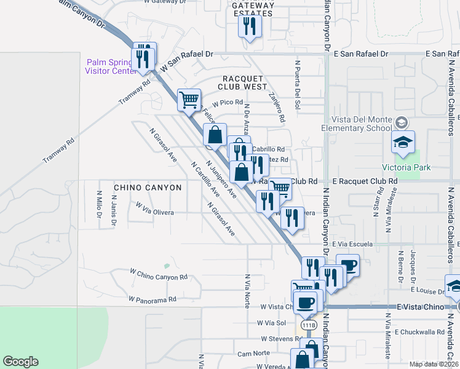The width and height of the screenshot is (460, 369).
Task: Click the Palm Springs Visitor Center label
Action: coord(111,66)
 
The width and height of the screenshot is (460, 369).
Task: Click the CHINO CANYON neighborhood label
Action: coord(148,187)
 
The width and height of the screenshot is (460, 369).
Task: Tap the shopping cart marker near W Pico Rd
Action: coord(189,99)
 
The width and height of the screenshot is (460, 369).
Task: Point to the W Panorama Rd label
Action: coord(153,300)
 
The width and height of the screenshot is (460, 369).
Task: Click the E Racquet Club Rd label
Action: coord(365,181)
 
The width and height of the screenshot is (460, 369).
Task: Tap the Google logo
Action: coord(20,361)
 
